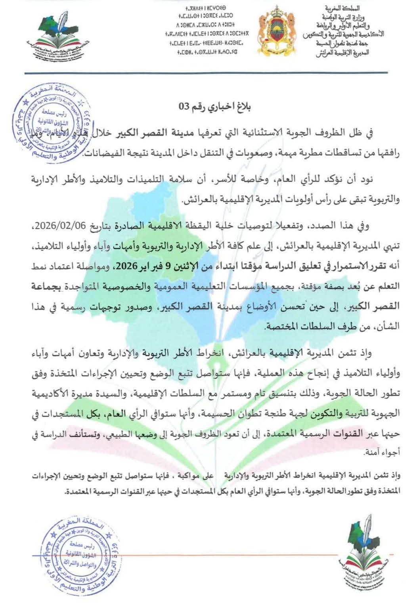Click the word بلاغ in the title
click(x=242, y=107)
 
